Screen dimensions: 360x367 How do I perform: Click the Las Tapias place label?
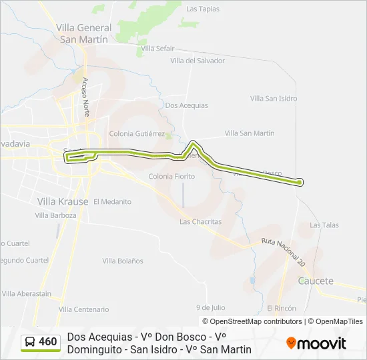203,9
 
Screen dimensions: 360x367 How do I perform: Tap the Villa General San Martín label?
84,33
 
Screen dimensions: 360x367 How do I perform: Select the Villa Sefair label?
157,49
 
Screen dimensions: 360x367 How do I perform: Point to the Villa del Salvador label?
198,61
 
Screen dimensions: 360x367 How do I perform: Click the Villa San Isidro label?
274,99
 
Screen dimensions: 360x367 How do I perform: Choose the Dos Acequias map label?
186,105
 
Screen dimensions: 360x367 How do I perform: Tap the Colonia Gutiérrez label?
136,133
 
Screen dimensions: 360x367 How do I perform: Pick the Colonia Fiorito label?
171,177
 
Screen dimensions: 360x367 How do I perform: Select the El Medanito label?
112,201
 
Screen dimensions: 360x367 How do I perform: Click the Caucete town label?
316,281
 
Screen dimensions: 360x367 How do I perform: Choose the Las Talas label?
325,225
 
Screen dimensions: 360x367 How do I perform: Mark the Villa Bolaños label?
123,261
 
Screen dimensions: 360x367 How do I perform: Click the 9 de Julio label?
210,307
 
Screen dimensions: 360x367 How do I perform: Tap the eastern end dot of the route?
300,182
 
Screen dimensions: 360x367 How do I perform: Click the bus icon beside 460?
30,343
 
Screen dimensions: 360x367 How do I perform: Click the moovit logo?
316,343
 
